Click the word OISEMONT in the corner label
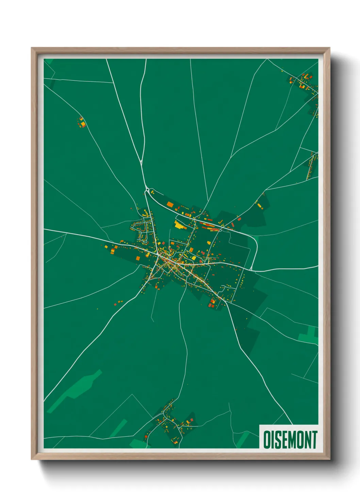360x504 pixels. coord(290,440)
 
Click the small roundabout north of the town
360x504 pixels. coord(147,189)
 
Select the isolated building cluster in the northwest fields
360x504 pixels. coord(82,122)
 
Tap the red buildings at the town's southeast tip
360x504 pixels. coord(212,303)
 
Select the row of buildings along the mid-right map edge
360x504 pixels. coord(311,166)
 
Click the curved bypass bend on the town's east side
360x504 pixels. coord(255,245)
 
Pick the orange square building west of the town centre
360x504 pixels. coord(112,251)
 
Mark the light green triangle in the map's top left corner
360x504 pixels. coord(49,61)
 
